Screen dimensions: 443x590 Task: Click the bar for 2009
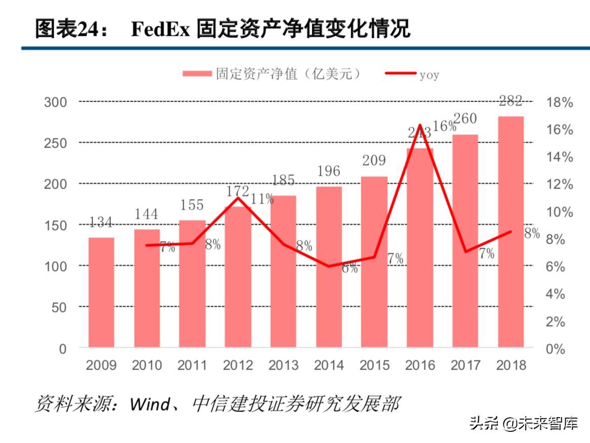click(101, 292)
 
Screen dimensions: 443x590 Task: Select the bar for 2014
click(329, 267)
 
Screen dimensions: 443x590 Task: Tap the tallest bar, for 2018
click(511, 232)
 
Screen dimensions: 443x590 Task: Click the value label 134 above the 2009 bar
click(101, 223)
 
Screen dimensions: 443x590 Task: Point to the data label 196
click(329, 171)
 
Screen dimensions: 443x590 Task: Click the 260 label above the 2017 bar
click(465, 119)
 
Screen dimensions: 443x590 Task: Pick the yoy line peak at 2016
click(420, 124)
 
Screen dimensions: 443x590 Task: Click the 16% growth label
click(445, 126)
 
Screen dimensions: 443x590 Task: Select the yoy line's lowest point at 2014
click(329, 266)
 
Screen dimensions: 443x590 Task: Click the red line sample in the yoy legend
click(401, 74)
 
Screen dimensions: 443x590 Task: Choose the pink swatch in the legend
click(197, 74)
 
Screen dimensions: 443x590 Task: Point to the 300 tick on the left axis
click(56, 102)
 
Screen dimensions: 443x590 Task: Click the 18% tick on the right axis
click(560, 103)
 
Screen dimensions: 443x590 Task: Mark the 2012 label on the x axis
click(238, 365)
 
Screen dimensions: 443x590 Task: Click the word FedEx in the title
click(160, 30)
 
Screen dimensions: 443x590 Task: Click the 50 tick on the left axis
click(60, 307)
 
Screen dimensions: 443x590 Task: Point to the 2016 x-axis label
click(420, 365)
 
